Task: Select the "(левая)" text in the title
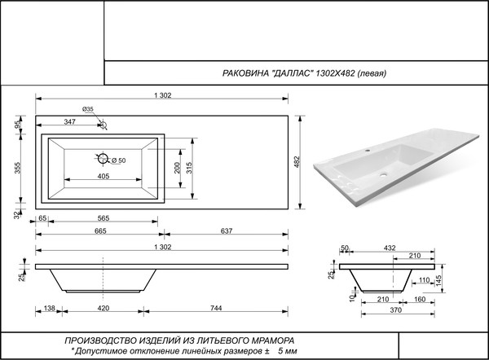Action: (367, 73)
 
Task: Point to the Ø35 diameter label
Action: (88, 109)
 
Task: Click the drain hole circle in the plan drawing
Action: (103, 159)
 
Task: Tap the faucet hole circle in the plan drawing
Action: (101, 125)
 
